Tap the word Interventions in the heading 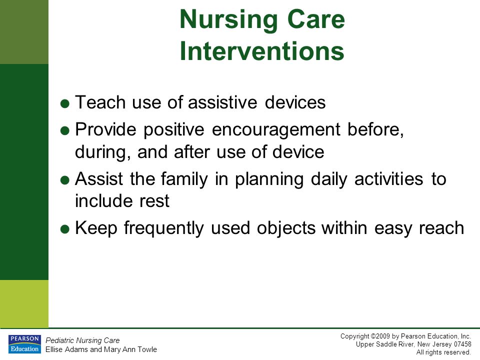[x=262, y=51]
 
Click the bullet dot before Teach [x=65, y=104]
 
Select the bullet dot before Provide [x=65, y=131]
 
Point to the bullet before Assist [x=65, y=180]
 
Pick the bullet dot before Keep [x=65, y=229]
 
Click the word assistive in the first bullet [x=222, y=102]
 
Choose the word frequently [x=164, y=229]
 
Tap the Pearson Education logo [x=24, y=344]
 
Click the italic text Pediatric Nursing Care [x=82, y=340]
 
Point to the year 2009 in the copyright [x=383, y=336]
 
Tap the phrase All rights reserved [x=443, y=352]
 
